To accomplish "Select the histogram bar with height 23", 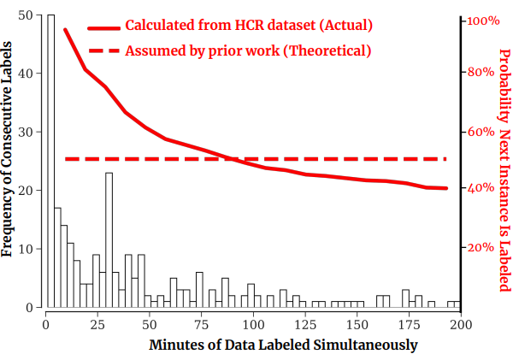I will point(109,239).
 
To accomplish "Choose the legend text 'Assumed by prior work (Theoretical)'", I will point(248,50).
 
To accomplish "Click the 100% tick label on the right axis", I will point(482,20).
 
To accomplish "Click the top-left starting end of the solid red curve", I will point(66,30).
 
